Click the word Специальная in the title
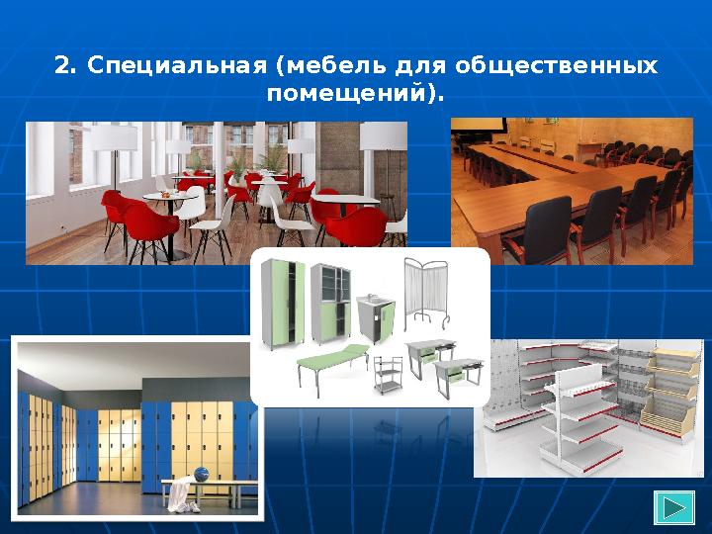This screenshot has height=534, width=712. click(177, 66)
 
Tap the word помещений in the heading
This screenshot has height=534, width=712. click(349, 96)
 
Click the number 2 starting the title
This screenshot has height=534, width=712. click(64, 66)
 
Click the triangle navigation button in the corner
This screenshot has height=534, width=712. click(674, 507)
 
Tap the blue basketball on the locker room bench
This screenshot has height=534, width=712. click(202, 474)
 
